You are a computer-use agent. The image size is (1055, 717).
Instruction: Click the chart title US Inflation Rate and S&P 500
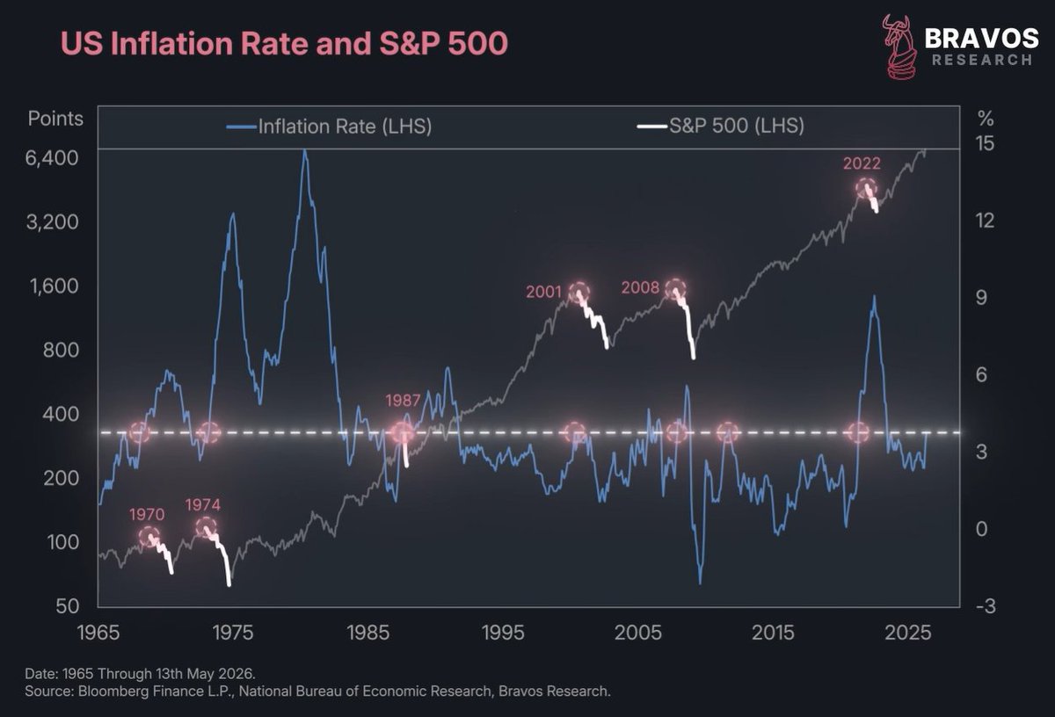tap(284, 43)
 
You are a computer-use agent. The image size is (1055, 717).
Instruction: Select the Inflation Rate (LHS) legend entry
tap(329, 127)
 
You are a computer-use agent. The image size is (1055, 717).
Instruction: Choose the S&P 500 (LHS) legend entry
tap(721, 126)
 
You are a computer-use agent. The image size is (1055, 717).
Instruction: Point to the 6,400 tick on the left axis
tap(52, 158)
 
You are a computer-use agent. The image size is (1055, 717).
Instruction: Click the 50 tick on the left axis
tap(68, 606)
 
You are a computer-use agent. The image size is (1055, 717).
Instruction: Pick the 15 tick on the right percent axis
tap(985, 143)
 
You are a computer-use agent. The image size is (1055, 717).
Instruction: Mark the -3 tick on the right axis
tap(986, 606)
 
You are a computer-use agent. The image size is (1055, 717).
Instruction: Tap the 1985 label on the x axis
tap(367, 633)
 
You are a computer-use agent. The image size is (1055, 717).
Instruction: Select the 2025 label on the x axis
tap(907, 633)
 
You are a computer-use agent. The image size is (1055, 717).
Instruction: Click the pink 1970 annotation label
tap(147, 514)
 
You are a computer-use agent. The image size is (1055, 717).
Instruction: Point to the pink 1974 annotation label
tap(203, 504)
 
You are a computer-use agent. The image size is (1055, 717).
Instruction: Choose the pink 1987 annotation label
tap(403, 400)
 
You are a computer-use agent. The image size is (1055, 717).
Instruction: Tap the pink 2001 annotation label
tap(543, 292)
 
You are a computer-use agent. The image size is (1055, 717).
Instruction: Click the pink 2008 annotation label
tap(640, 287)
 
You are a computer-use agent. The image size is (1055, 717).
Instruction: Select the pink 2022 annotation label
tap(862, 163)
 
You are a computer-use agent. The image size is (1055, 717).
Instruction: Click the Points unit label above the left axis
tap(55, 119)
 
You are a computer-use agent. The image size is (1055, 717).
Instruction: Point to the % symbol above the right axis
tap(986, 119)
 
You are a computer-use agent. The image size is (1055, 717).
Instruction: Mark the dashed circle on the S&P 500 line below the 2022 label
tap(866, 179)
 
